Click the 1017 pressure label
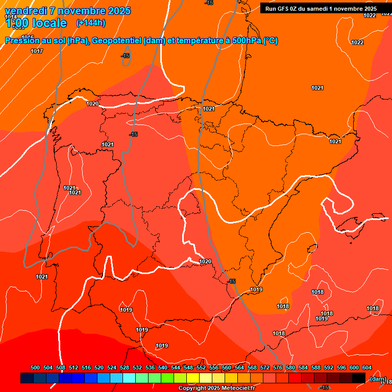pyautogui.click(x=37, y=51)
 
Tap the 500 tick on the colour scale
pyautogui.click(x=35, y=367)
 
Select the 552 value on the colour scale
pyautogui.click(x=201, y=367)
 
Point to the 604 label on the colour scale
pyautogui.click(x=367, y=367)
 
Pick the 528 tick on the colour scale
pyautogui.click(x=125, y=367)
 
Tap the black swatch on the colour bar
pyautogui.click(x=359, y=378)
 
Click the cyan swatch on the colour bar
pyautogui.click(x=129, y=378)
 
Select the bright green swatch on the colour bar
pyautogui.click(x=167, y=378)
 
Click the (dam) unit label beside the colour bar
pyautogui.click(x=378, y=378)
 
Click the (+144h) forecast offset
pyautogui.click(x=91, y=23)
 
